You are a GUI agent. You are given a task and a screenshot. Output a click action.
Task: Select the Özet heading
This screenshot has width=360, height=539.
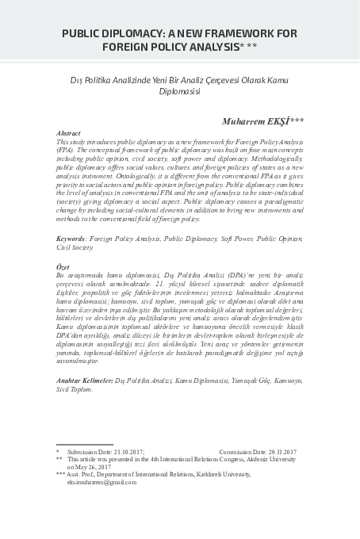point(64,268)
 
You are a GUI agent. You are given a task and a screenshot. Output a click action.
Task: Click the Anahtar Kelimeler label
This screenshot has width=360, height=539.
point(85,380)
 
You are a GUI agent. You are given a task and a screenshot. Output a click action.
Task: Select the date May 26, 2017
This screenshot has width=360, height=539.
point(97,466)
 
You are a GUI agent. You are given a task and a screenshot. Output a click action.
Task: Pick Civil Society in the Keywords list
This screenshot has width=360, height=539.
point(80,247)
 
